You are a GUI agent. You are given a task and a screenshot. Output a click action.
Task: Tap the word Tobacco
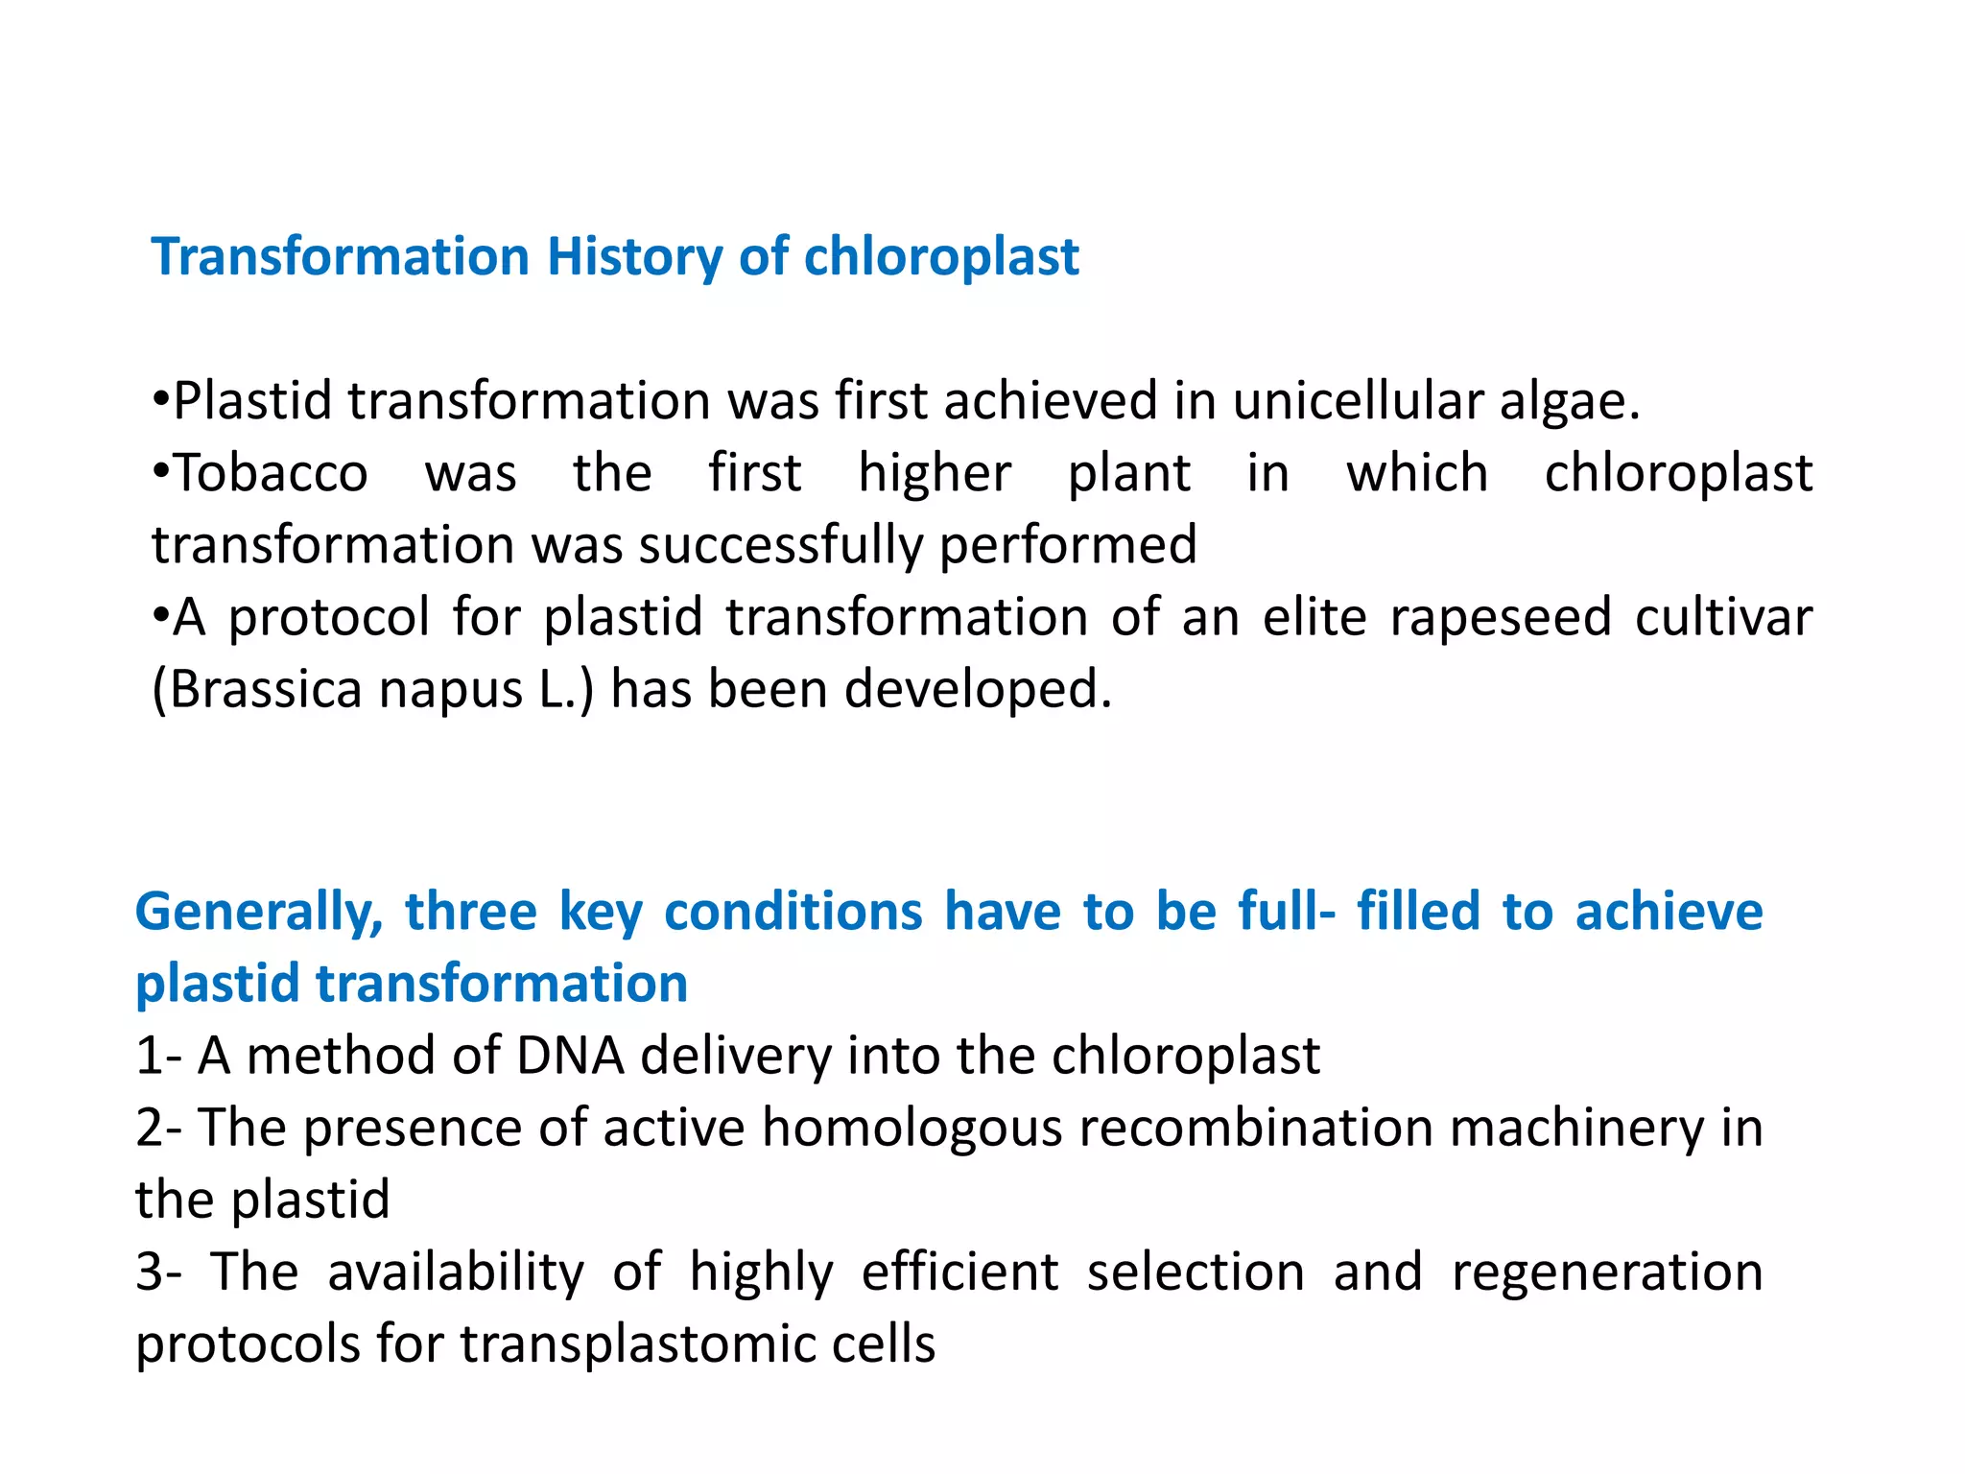tap(271, 474)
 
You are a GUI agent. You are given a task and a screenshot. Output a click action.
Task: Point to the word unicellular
tap(1358, 401)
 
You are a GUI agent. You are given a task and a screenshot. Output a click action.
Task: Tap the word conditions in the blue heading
tap(793, 912)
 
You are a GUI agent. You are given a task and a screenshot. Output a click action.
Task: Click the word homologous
tap(911, 1129)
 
